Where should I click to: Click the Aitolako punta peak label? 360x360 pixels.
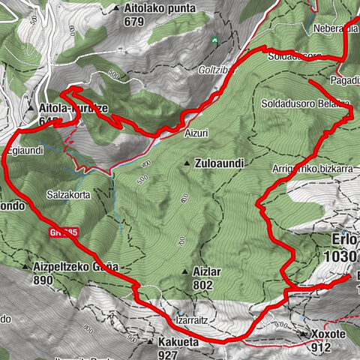160,8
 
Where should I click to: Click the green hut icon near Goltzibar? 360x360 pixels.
214,39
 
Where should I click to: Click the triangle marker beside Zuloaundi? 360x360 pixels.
187,163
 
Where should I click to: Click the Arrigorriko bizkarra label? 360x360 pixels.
312,169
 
